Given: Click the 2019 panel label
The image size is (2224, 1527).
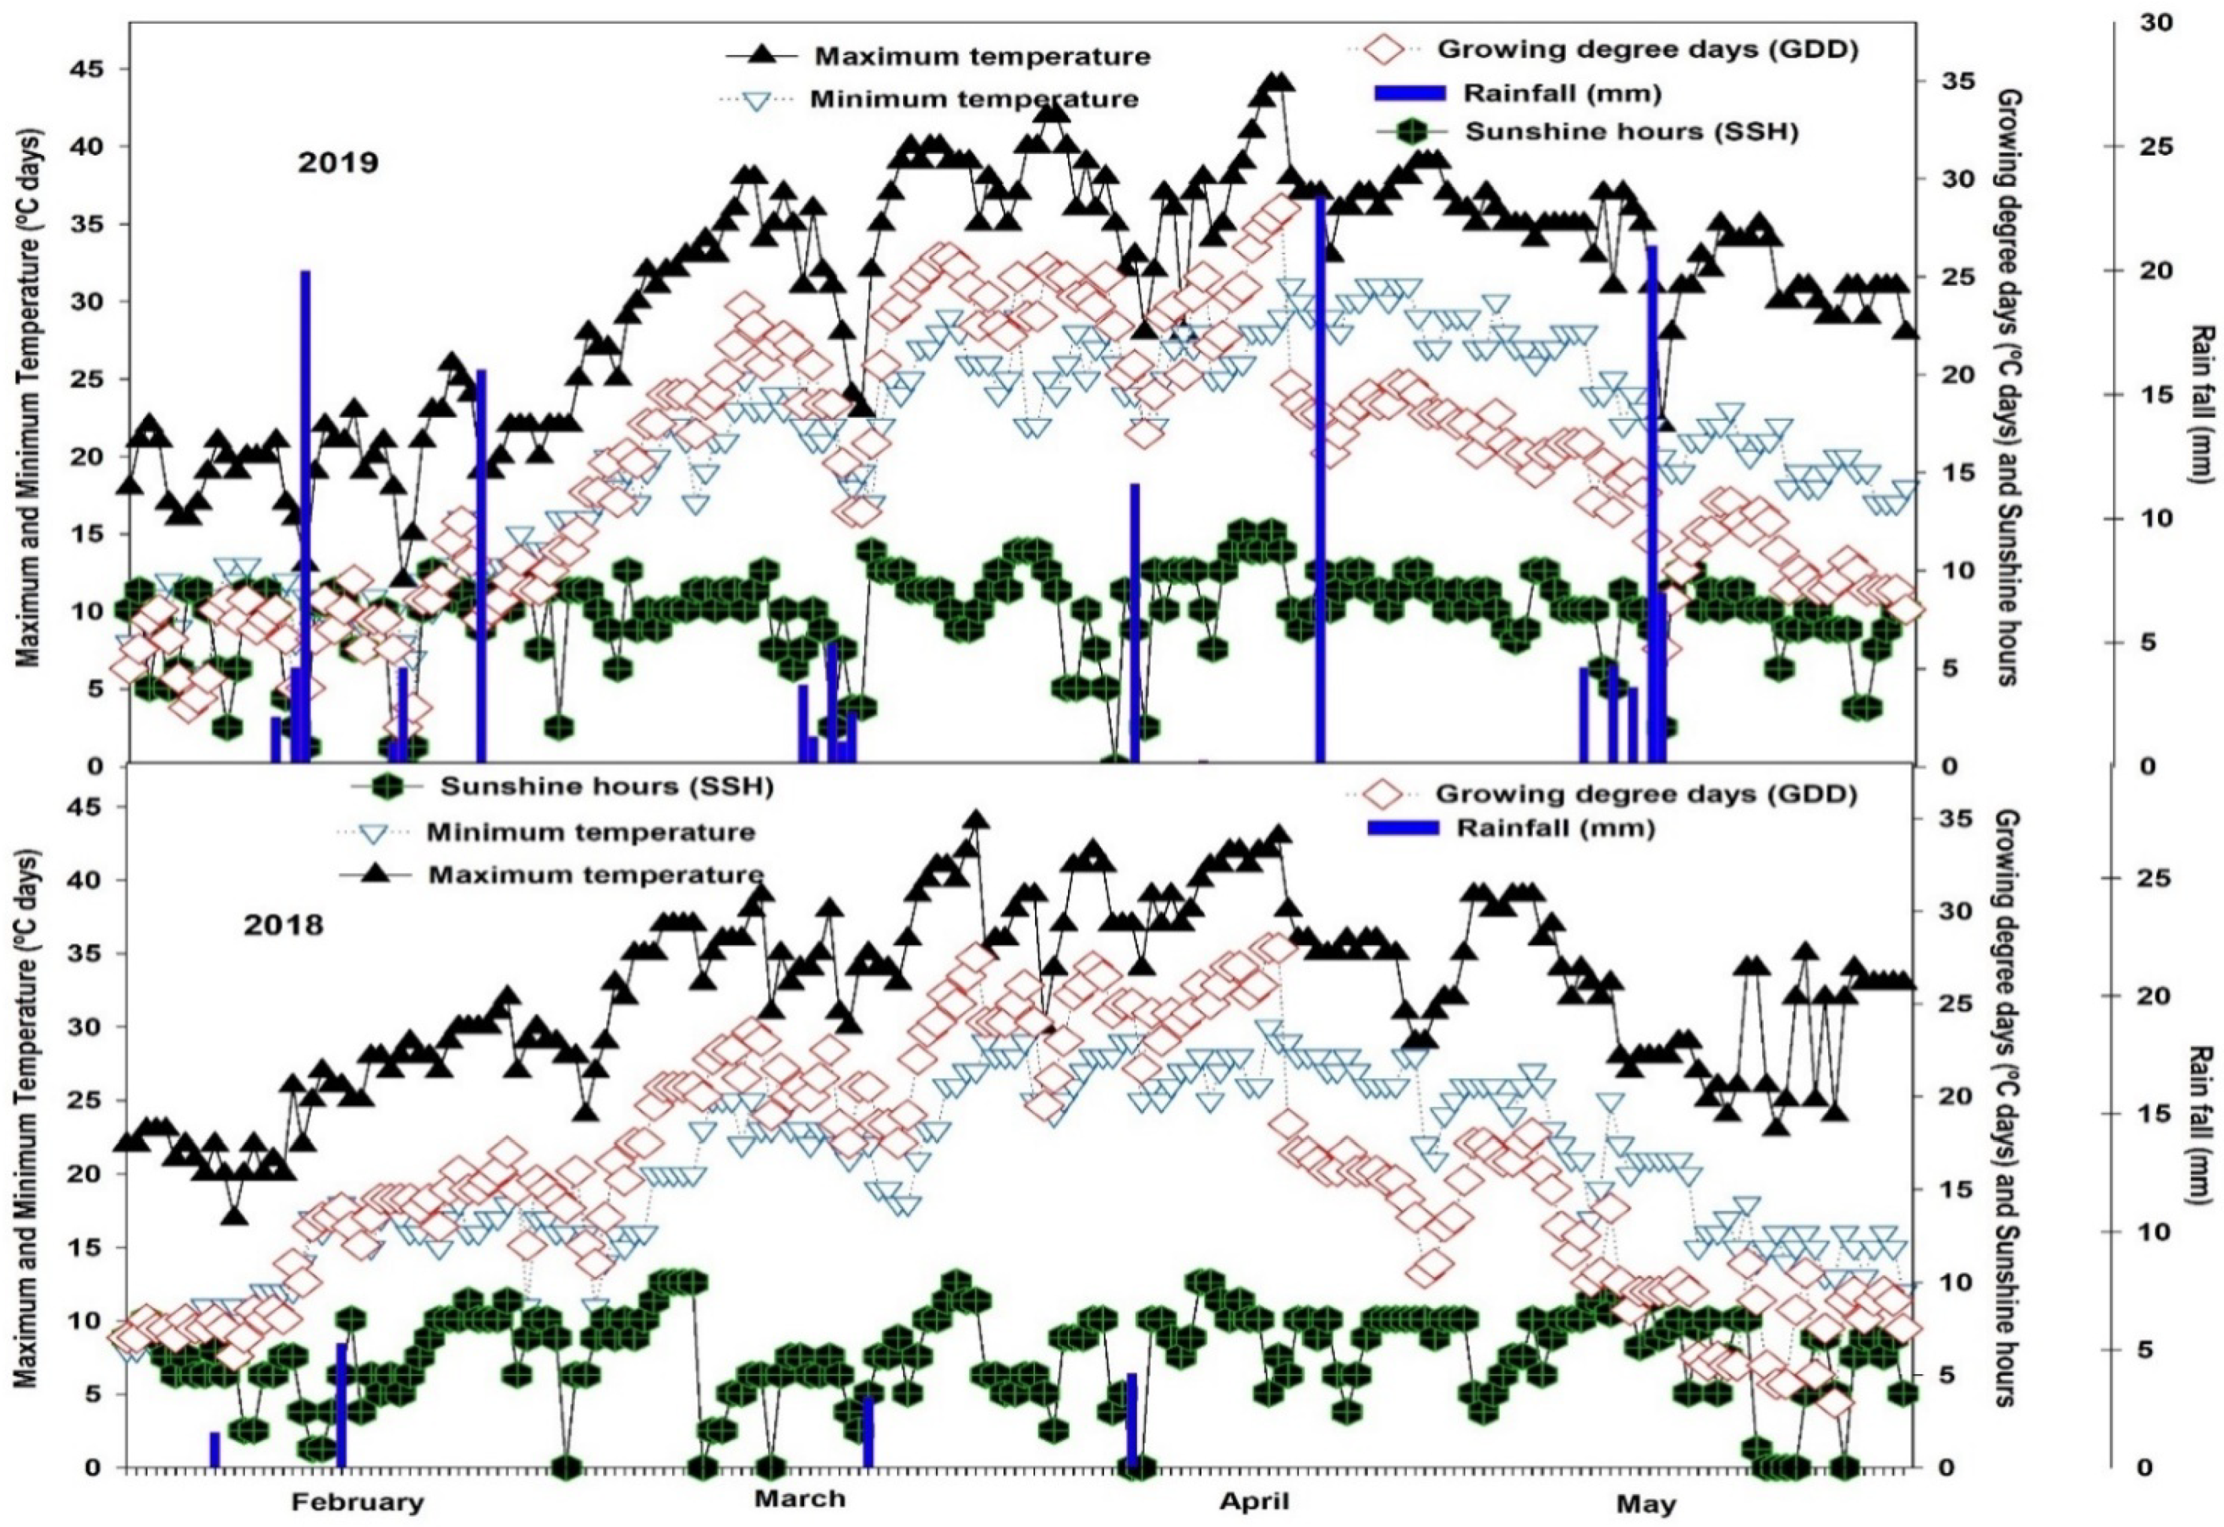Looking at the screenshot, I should (338, 163).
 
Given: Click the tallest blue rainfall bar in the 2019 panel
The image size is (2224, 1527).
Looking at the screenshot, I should (1320, 478).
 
